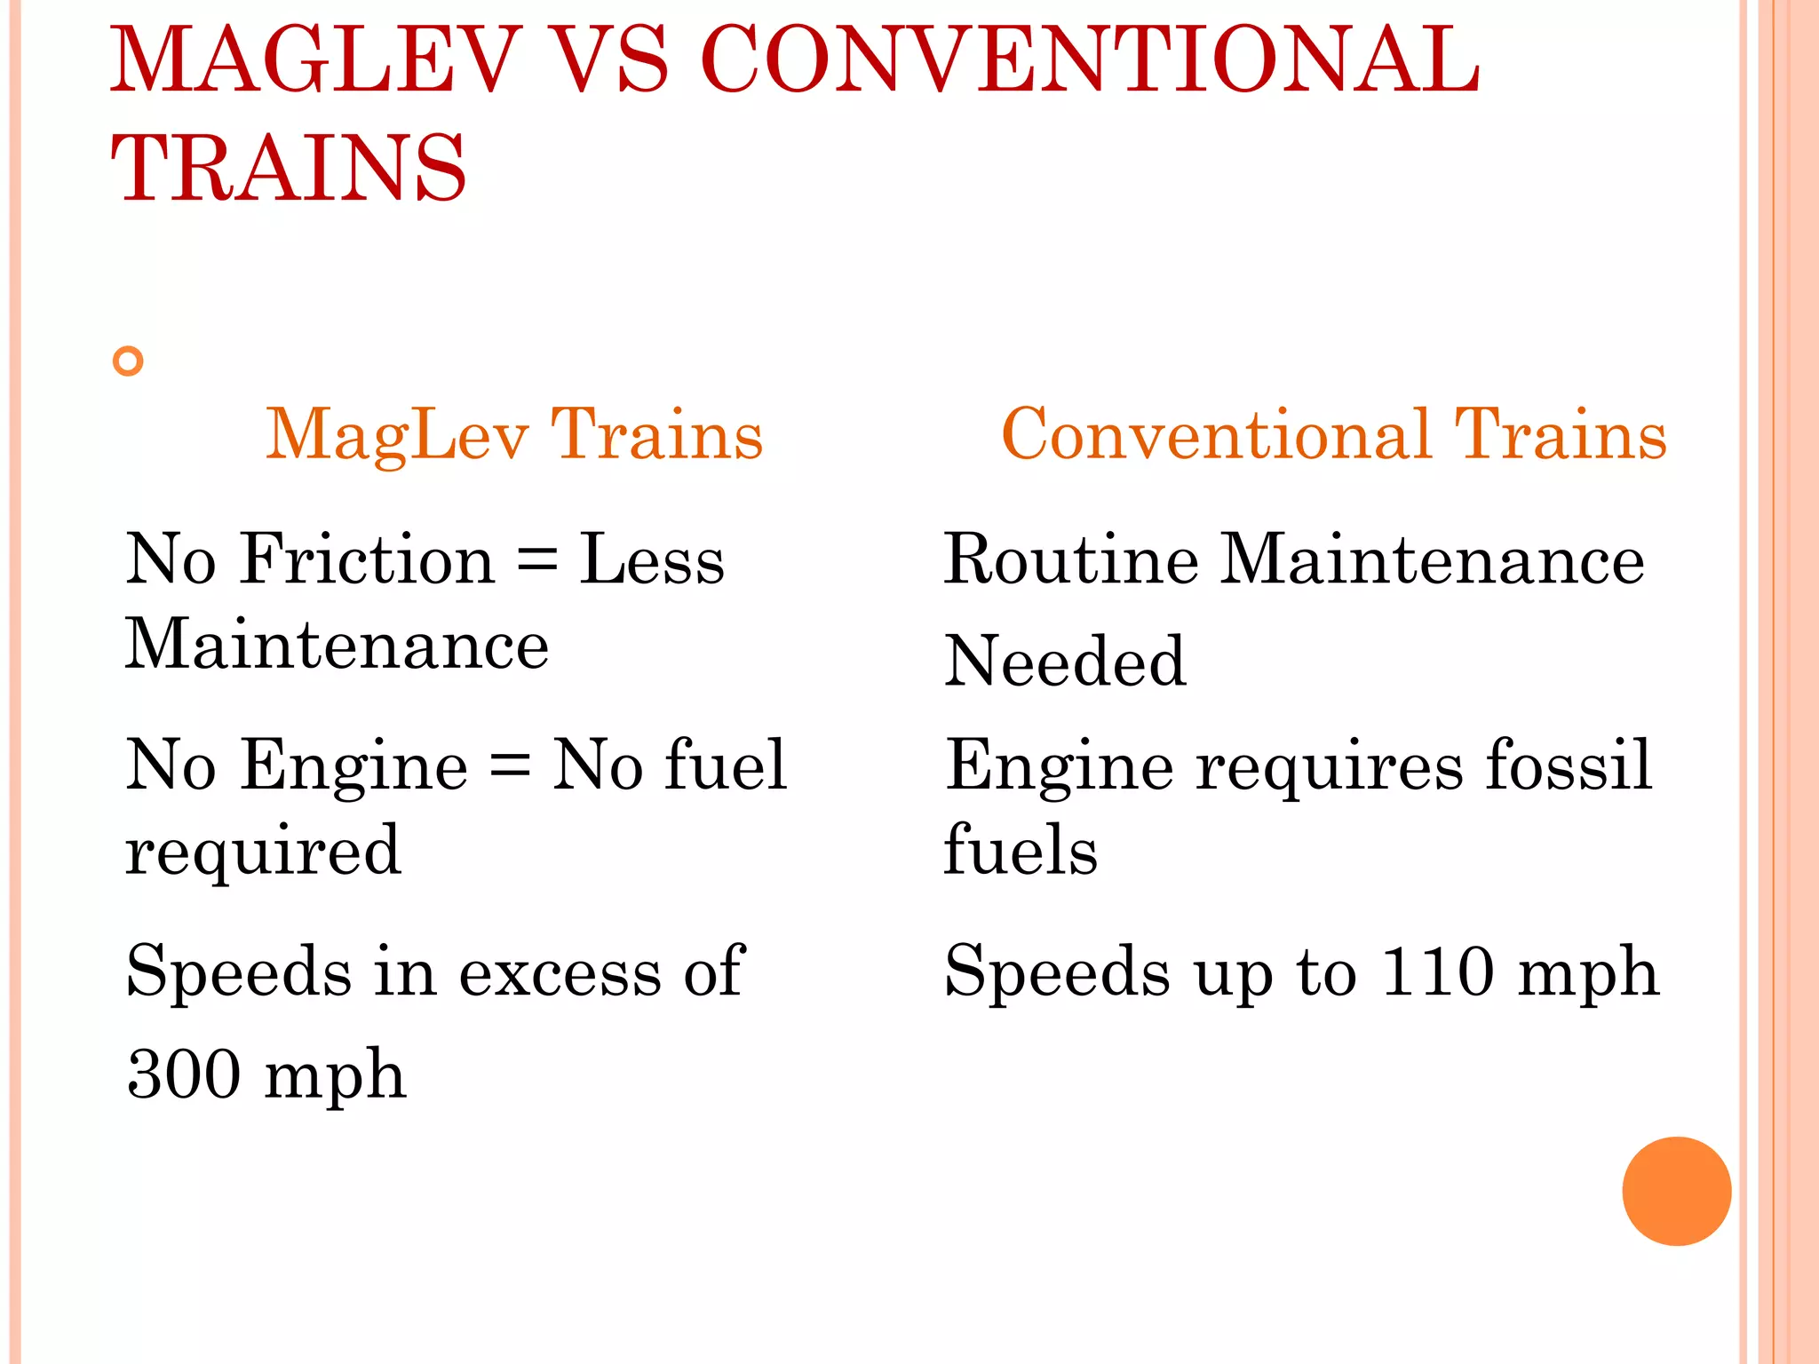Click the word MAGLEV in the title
tap(315, 60)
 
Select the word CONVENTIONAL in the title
tap(1090, 60)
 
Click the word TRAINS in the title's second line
tap(289, 169)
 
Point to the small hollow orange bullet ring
tap(129, 361)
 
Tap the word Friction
tap(367, 560)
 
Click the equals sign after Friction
tap(537, 562)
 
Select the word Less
tap(652, 560)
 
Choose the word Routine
tap(1070, 560)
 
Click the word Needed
tap(1065, 662)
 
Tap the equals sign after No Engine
tap(510, 765)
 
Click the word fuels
tap(1021, 850)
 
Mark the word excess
tap(560, 971)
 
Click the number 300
tap(184, 1075)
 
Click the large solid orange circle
tap(1676, 1191)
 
